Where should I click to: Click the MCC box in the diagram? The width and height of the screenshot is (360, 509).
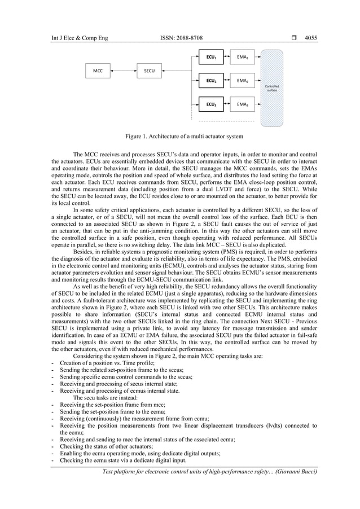pyautogui.click(x=98, y=71)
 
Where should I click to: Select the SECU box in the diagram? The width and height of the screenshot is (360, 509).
pyautogui.click(x=150, y=71)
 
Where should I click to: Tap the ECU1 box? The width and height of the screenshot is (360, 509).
pyautogui.click(x=211, y=57)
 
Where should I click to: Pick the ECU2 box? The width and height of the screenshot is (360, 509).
pyautogui.click(x=211, y=81)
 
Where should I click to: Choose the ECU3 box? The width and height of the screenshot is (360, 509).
pyautogui.click(x=211, y=104)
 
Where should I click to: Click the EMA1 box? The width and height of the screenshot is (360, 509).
pyautogui.click(x=243, y=57)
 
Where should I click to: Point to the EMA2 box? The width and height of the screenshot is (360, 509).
pyautogui.click(x=243, y=81)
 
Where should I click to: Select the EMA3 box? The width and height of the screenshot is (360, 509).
pyautogui.click(x=243, y=104)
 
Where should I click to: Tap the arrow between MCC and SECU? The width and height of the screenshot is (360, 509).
pyautogui.click(x=124, y=71)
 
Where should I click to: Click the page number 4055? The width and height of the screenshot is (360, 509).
pyautogui.click(x=311, y=38)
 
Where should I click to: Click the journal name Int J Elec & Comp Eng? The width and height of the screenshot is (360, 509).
pyautogui.click(x=79, y=38)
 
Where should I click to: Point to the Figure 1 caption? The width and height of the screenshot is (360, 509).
pyautogui.click(x=184, y=137)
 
